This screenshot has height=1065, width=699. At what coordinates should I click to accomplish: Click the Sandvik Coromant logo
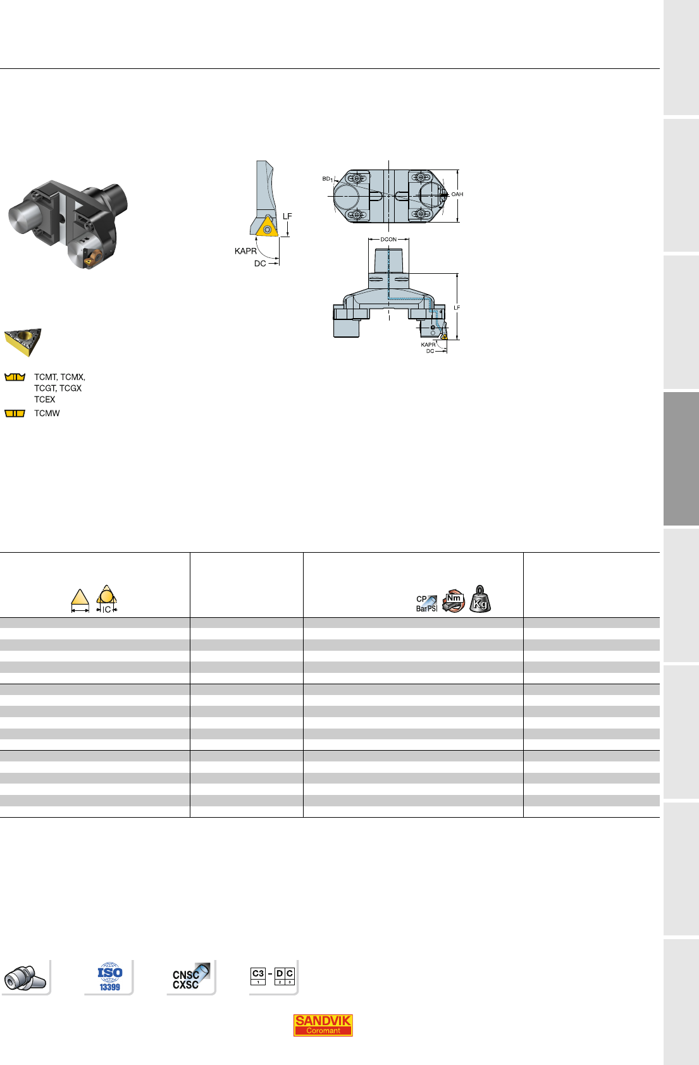coord(323,1025)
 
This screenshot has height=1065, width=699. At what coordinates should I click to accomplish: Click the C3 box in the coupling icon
coord(258,976)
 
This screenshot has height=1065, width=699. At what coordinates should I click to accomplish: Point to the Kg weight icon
coord(479,599)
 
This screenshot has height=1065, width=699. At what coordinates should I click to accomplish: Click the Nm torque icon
coord(454,601)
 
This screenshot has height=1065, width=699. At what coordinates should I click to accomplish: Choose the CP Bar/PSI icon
coord(426,603)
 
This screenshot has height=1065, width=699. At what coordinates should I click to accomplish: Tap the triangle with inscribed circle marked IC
coord(106,598)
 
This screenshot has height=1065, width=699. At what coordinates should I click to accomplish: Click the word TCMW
coord(47,413)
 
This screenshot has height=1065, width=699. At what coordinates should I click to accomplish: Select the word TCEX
coord(45,400)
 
